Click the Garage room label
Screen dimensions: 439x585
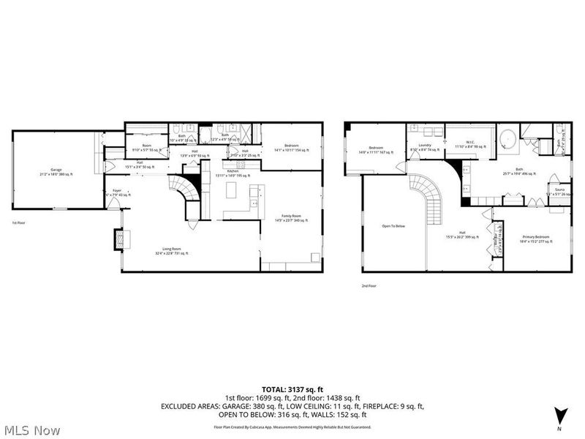pyautogui.click(x=56, y=173)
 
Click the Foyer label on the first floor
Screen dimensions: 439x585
pyautogui.click(x=116, y=192)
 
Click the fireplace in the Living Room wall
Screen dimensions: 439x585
pyautogui.click(x=117, y=240)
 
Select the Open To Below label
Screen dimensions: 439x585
pyautogui.click(x=393, y=226)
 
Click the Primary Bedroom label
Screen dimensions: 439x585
pyautogui.click(x=536, y=237)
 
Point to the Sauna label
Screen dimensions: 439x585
pyautogui.click(x=559, y=192)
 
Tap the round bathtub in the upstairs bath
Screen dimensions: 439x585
pyautogui.click(x=507, y=139)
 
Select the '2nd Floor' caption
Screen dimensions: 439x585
pyautogui.click(x=369, y=286)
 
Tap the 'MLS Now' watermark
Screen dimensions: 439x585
pyautogui.click(x=33, y=429)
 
